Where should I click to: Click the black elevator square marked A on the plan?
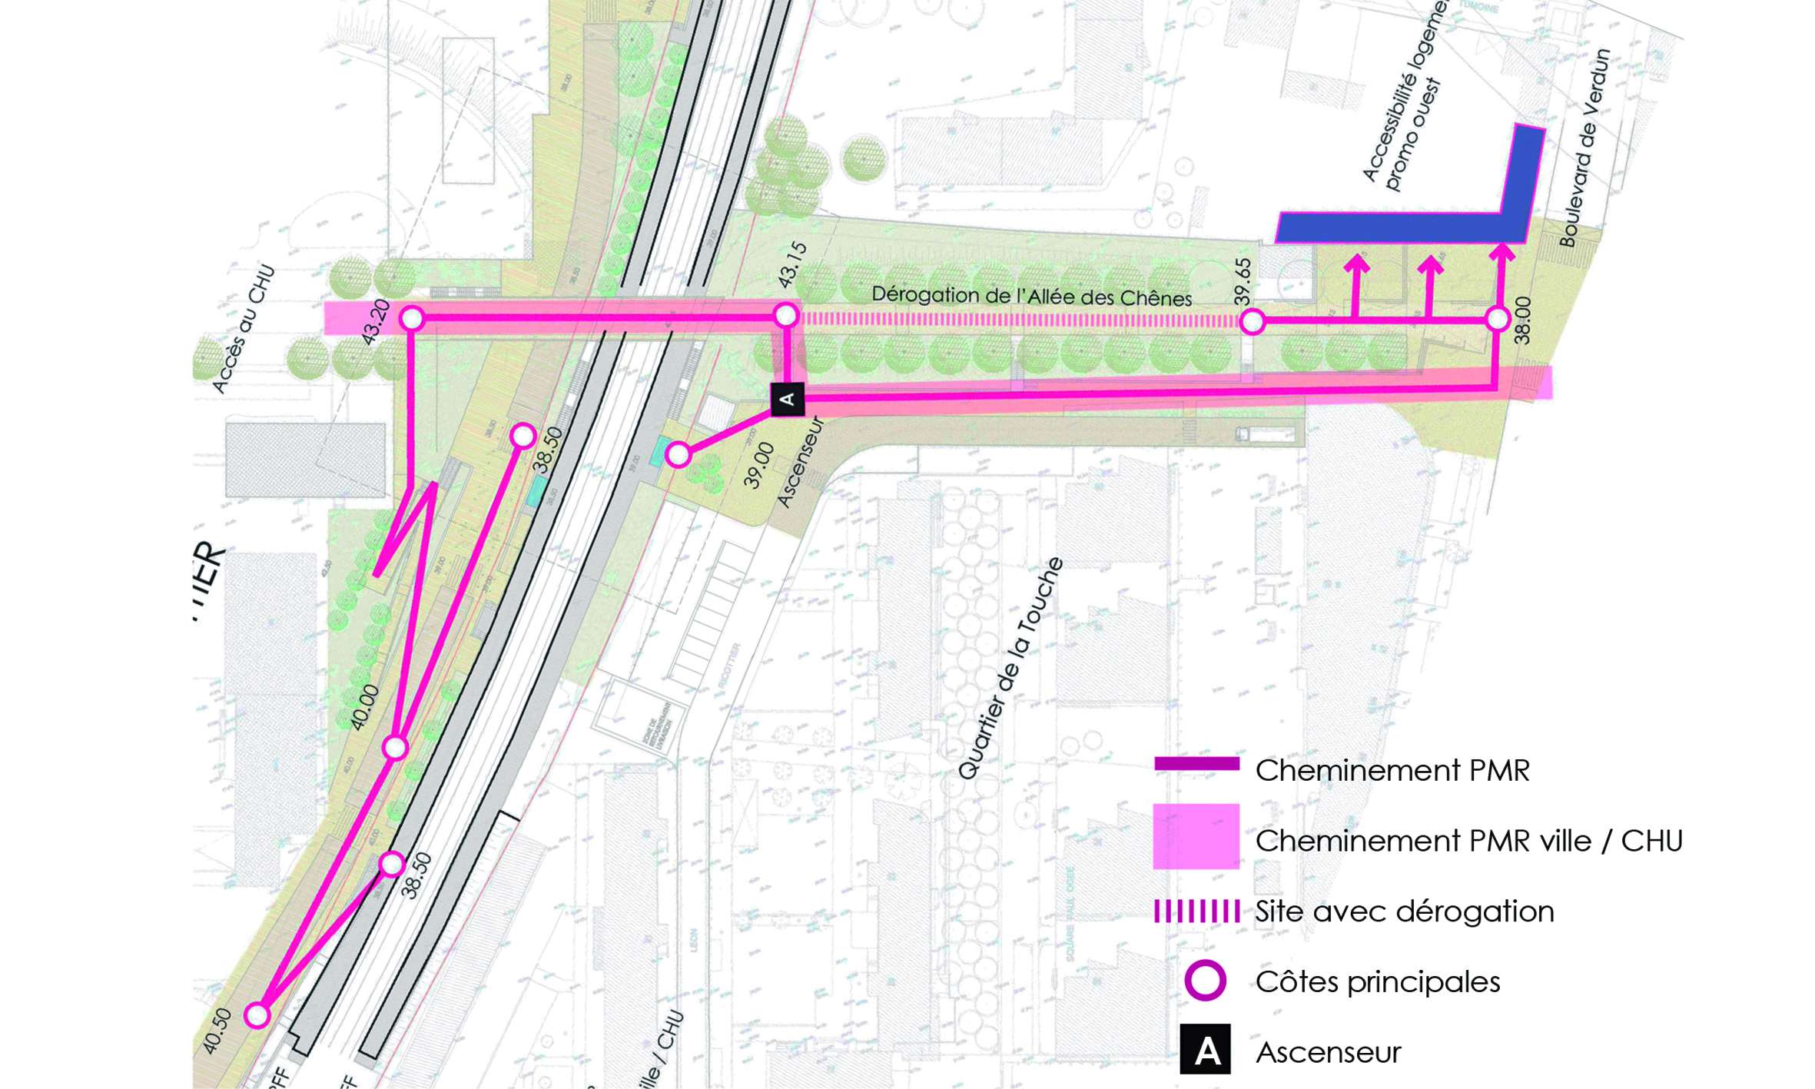787,400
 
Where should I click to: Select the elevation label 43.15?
793,265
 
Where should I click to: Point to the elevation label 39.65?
1243,281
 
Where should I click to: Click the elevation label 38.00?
1521,320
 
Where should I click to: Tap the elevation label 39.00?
758,465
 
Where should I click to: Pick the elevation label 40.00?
365,706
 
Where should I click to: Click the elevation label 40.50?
217,1031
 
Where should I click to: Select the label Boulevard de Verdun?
1584,148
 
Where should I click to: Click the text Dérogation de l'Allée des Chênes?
1031,297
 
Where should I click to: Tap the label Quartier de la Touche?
1010,669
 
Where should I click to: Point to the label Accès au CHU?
243,329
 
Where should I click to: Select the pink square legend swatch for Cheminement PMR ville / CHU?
1196,836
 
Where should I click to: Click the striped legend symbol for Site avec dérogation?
1196,911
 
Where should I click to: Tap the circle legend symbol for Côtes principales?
1205,981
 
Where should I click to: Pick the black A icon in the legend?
1205,1050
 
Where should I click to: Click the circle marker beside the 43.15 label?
786,315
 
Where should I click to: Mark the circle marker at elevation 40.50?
257,1015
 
